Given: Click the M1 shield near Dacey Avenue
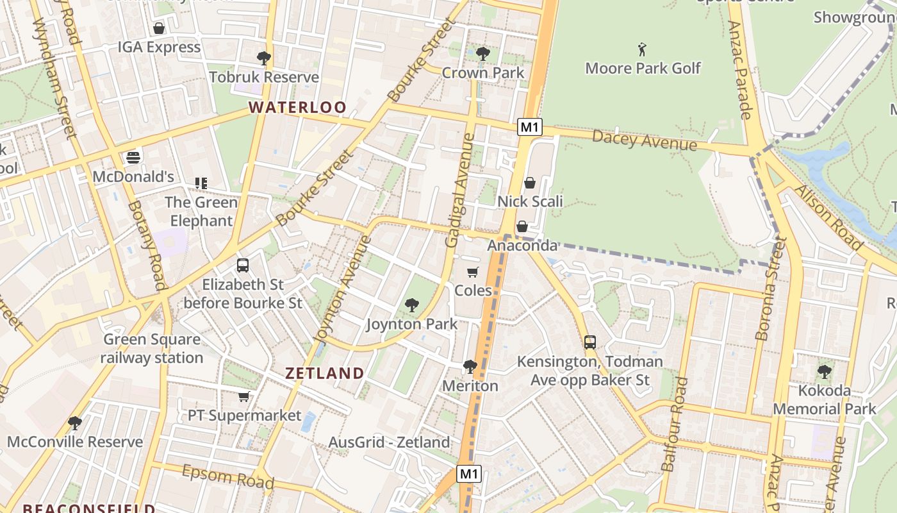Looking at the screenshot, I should point(530,127).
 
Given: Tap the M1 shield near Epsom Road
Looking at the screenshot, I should point(469,475).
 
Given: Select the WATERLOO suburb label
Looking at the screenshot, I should point(297,107).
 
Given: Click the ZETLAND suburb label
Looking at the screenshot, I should point(324,373).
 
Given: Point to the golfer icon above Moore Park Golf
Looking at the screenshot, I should point(642,49).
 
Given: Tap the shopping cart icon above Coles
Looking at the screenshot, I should point(473,272).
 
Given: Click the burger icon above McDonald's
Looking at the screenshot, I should point(133,157).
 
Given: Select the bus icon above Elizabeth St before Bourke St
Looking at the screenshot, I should point(242,265).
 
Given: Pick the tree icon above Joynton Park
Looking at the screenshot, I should point(411,305).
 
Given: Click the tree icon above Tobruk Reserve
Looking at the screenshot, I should point(263,58).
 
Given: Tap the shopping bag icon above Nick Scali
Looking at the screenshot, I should point(530,183).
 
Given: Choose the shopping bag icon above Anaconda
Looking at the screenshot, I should point(522,226).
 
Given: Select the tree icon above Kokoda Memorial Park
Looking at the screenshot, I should point(824,371).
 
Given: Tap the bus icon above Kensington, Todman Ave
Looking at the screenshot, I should point(590,342).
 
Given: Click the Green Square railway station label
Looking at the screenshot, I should point(152,348).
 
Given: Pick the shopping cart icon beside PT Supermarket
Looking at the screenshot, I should point(243,397).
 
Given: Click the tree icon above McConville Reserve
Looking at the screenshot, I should point(75,423).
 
